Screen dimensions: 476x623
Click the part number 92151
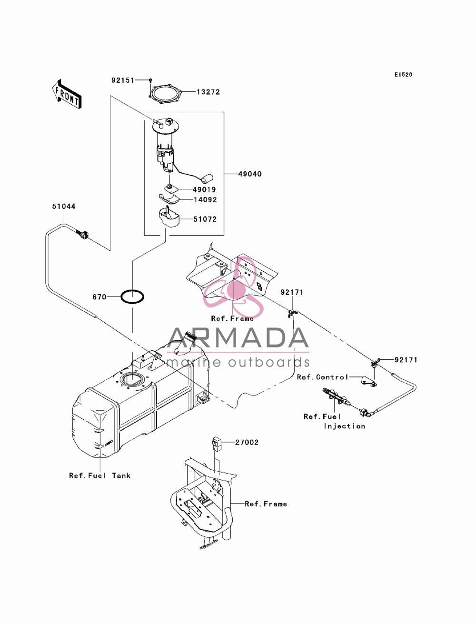pos(123,80)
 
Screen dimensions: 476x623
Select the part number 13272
pos(208,92)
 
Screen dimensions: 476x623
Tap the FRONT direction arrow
pos(67,94)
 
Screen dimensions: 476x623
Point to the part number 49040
pos(250,174)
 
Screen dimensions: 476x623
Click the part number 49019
pos(204,189)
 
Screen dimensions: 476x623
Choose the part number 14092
pos(205,200)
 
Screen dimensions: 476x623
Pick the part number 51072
pos(205,219)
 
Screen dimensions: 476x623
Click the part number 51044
pos(64,207)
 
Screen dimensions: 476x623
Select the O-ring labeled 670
pos(132,297)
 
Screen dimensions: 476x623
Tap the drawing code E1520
pos(403,75)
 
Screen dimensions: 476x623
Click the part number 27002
pos(247,442)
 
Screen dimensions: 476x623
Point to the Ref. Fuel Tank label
pos(100,475)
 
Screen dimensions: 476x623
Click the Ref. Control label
pos(322,377)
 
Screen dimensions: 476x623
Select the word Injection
pos(344,426)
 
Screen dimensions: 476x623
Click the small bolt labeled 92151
pos(151,80)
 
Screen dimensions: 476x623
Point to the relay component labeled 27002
pos(216,444)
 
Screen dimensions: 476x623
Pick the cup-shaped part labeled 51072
pos(169,218)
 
